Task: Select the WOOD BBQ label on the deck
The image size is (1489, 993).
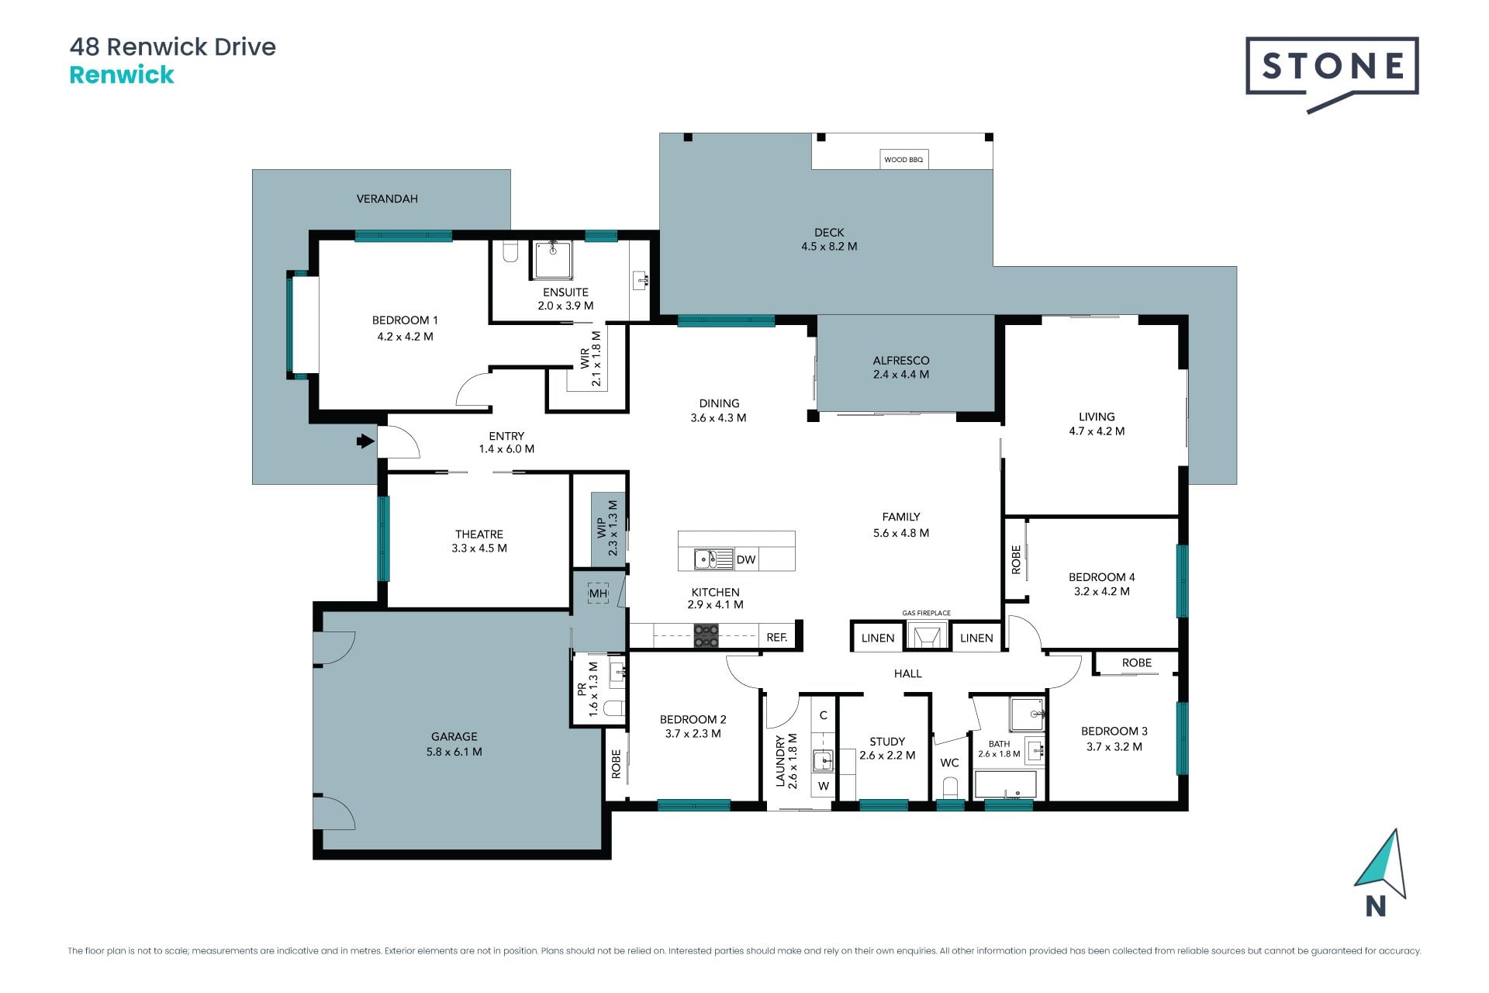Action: tap(903, 160)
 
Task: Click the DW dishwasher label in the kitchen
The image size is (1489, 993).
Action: tap(745, 559)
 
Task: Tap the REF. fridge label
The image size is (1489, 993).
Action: tap(776, 638)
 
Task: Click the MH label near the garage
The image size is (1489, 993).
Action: tap(598, 594)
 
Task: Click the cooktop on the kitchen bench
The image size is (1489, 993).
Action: tap(706, 636)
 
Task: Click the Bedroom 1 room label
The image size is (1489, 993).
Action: tap(405, 320)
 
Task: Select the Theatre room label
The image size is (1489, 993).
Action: tap(479, 535)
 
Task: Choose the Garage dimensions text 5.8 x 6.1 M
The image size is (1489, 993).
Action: tap(454, 752)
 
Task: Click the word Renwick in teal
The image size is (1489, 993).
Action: tap(122, 75)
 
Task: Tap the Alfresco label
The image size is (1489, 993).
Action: tap(901, 361)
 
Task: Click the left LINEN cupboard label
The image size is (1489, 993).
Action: tap(878, 638)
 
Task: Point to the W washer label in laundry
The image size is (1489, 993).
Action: tap(824, 786)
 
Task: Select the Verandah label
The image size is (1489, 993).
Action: tap(387, 199)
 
